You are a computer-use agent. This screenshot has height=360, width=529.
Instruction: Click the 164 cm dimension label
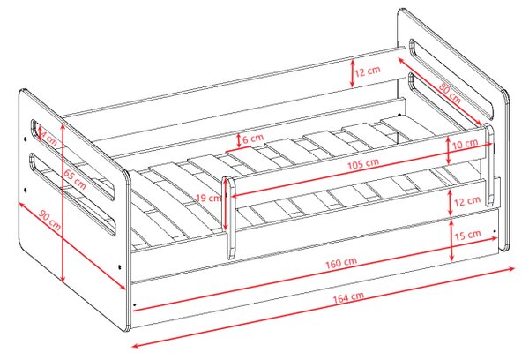(x=348, y=297)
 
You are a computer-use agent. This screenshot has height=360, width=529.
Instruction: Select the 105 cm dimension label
(x=363, y=164)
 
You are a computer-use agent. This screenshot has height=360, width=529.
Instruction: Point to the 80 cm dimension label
(x=450, y=93)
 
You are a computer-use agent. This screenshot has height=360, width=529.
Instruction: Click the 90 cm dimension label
(x=50, y=221)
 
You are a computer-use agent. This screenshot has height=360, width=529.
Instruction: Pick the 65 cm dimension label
(x=75, y=179)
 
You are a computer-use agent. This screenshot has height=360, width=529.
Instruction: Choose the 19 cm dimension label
(x=208, y=198)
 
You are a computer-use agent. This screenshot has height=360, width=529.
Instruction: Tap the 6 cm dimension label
(x=253, y=139)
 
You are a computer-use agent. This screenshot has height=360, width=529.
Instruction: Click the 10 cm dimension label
(x=465, y=144)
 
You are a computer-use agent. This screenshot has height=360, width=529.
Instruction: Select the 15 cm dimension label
(x=467, y=235)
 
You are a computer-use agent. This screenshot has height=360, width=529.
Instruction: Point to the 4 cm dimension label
(x=48, y=138)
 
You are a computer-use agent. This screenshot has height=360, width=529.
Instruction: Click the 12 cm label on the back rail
(x=368, y=71)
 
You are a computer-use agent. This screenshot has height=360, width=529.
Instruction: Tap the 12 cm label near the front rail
(x=467, y=201)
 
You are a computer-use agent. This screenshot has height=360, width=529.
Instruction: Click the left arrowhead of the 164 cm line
(x=135, y=345)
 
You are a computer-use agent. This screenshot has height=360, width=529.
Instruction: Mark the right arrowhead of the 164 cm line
(x=511, y=269)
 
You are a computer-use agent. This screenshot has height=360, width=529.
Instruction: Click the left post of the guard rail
(x=229, y=217)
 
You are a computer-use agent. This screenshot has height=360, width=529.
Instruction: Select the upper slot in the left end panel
(x=72, y=160)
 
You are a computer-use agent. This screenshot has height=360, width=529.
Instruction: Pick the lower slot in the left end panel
(x=73, y=193)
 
